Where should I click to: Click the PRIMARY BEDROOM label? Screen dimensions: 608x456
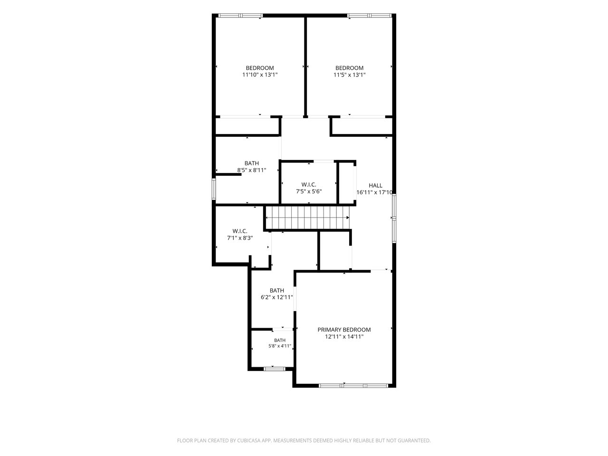pos(344,330)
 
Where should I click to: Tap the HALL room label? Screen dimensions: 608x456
pos(375,186)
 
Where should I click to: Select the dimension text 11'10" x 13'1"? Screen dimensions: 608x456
pos(260,75)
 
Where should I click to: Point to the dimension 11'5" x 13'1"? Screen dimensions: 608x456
pos(349,75)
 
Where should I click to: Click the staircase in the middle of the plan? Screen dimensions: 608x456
pos(307,218)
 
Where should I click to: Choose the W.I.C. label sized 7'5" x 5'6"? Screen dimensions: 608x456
pos(309,184)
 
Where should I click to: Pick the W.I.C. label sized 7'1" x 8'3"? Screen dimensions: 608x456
pos(240,231)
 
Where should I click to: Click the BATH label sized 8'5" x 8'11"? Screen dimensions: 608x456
pos(251,163)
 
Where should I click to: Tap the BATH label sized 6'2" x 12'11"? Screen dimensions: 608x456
pos(277,290)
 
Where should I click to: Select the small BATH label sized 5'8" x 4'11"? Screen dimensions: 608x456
pos(280,340)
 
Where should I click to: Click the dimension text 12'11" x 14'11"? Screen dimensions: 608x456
pos(344,337)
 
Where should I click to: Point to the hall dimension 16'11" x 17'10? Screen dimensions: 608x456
pos(374,192)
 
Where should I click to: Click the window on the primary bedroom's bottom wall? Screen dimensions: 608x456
pos(353,386)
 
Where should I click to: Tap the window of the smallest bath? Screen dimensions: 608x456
pos(274,369)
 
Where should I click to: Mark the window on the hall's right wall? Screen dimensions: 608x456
pos(394,218)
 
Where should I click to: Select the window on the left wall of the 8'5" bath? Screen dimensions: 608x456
pos(214,189)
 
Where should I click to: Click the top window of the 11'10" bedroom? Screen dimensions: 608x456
pos(240,16)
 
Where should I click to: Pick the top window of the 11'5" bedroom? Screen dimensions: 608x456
pos(369,16)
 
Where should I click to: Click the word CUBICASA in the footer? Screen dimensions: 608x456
pos(249,440)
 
